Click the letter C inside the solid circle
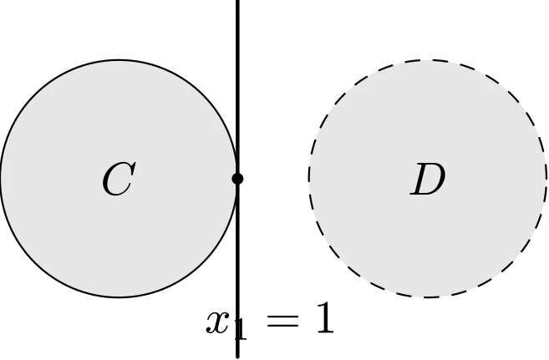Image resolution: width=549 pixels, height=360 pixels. coord(119,179)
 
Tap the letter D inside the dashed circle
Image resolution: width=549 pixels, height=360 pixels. coord(428,179)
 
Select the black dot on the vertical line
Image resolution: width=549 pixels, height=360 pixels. coord(238,179)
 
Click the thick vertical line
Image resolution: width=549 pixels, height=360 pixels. coord(238,179)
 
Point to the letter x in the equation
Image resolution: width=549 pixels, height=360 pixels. coord(219,321)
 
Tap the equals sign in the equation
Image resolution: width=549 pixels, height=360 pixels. coord(283,321)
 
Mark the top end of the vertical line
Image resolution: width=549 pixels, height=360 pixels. coord(238,1)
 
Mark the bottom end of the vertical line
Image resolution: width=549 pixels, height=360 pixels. coord(238,357)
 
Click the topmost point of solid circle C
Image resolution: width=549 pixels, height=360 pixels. coord(119,60)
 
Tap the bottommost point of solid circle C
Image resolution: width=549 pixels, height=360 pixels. coord(119,297)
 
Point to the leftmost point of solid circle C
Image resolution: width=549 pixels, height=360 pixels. coord(1,179)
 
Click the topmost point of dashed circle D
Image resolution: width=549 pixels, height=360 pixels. coord(428,60)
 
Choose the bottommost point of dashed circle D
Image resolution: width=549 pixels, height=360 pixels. coord(428,297)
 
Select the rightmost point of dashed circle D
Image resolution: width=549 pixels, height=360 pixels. coord(546,179)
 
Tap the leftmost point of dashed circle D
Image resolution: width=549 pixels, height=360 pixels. coord(309,179)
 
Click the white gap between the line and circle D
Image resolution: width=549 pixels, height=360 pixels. coord(274,179)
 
